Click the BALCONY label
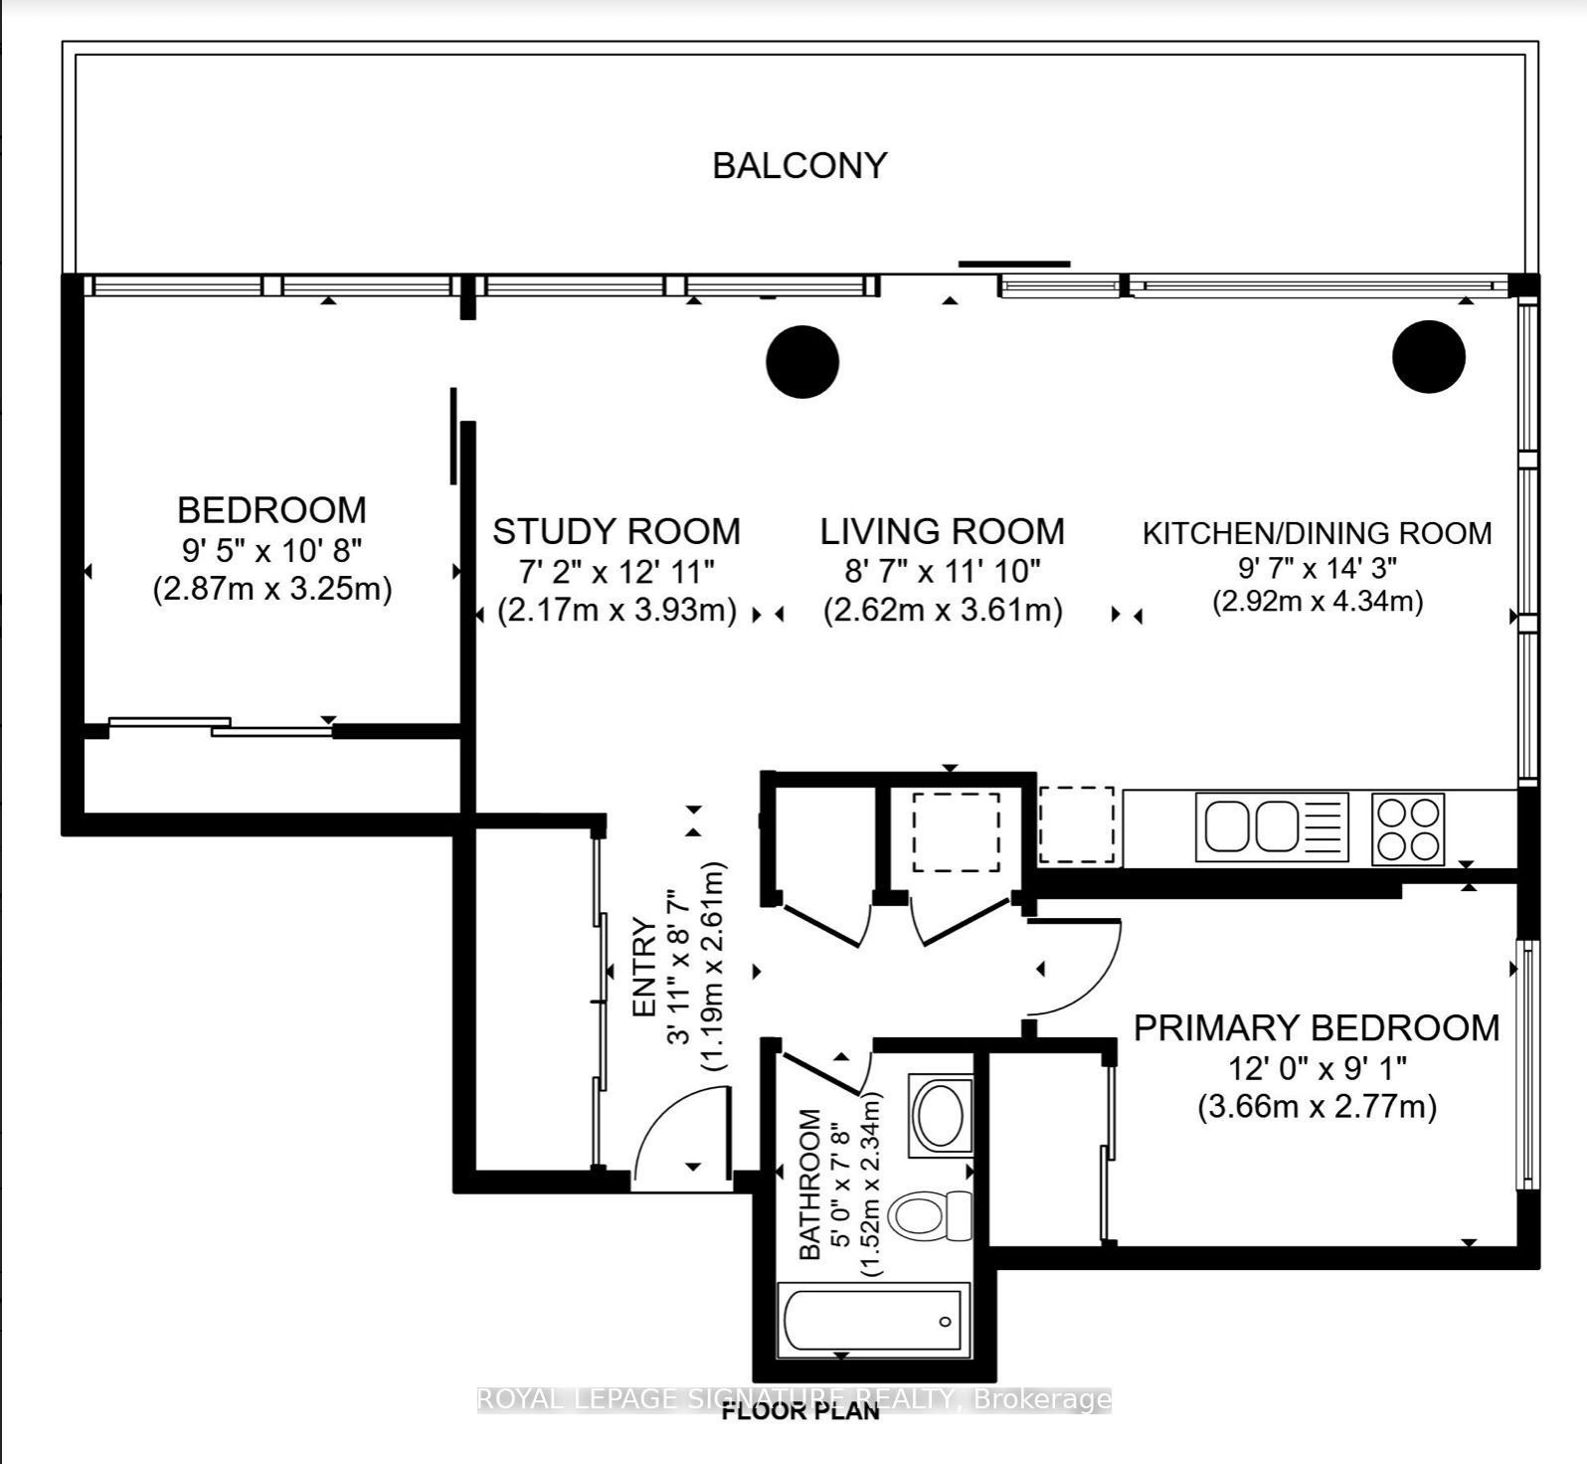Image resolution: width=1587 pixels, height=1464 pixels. point(799,165)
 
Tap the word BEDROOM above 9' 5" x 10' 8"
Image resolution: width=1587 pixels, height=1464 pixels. point(271,510)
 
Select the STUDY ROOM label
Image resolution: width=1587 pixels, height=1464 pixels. point(617,532)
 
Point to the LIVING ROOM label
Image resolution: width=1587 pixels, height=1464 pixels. point(942,532)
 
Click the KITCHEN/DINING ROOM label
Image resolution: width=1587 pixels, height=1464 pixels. point(1317,534)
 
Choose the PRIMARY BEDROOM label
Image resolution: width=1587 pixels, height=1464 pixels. point(1317,1028)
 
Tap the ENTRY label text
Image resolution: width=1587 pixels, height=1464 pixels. point(644,968)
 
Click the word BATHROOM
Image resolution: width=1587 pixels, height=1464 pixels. point(810,1184)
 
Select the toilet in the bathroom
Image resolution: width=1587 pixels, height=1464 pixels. point(930,1214)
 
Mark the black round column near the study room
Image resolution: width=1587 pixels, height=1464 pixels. point(802,362)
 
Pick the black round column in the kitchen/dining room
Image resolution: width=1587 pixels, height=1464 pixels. point(1429,356)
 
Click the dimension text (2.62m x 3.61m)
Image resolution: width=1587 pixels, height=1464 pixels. point(943,610)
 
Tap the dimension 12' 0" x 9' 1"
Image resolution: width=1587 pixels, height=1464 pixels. point(1317,1069)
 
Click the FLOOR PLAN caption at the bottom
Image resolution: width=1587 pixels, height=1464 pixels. point(800,1411)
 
